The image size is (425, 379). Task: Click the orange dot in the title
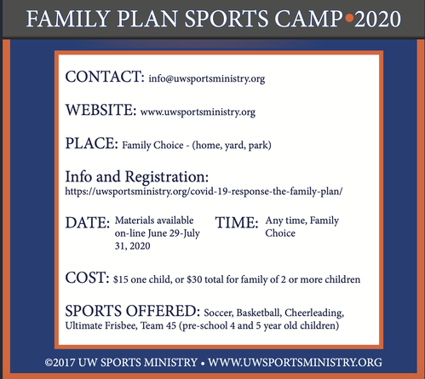(349, 18)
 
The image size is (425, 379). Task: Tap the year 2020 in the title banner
(377, 19)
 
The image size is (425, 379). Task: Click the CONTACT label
(105, 77)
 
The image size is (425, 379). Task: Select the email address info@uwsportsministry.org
(207, 78)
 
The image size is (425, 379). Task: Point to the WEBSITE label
(101, 110)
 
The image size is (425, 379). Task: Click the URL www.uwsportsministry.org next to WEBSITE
(198, 112)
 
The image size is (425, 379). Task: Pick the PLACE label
(91, 143)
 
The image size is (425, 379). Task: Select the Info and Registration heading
(137, 177)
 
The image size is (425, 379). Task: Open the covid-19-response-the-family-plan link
(204, 192)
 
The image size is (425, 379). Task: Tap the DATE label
(88, 222)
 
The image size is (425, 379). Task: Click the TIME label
(237, 222)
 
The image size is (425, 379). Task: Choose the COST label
(87, 278)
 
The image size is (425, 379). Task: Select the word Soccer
(219, 313)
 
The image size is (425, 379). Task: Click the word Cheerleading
(314, 313)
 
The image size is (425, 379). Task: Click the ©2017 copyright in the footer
(60, 363)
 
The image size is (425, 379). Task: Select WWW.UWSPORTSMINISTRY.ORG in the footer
(295, 363)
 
